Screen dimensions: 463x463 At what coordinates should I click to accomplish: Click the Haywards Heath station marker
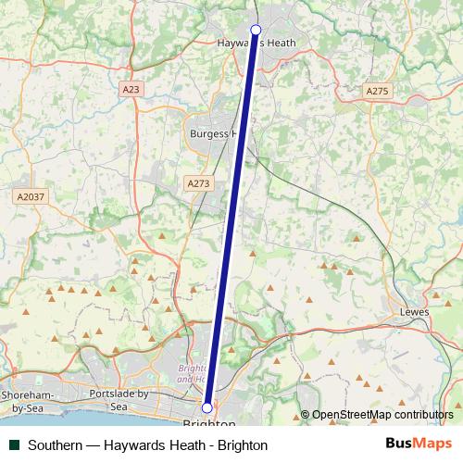[256, 30]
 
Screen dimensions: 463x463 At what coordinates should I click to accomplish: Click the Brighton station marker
[207, 407]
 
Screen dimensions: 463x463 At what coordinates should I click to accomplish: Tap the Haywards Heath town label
[255, 43]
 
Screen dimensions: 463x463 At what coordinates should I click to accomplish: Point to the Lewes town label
[412, 313]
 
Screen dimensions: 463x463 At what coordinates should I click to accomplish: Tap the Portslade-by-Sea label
[118, 400]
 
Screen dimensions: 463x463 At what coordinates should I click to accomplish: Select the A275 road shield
[377, 91]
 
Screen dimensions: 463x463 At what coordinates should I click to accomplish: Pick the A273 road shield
[197, 183]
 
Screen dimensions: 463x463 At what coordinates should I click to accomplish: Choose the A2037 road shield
[30, 196]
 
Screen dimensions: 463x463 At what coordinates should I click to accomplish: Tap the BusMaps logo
[419, 444]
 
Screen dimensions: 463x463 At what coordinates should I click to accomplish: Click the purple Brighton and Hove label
[191, 373]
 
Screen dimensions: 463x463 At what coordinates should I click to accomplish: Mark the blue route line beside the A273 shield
[232, 184]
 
